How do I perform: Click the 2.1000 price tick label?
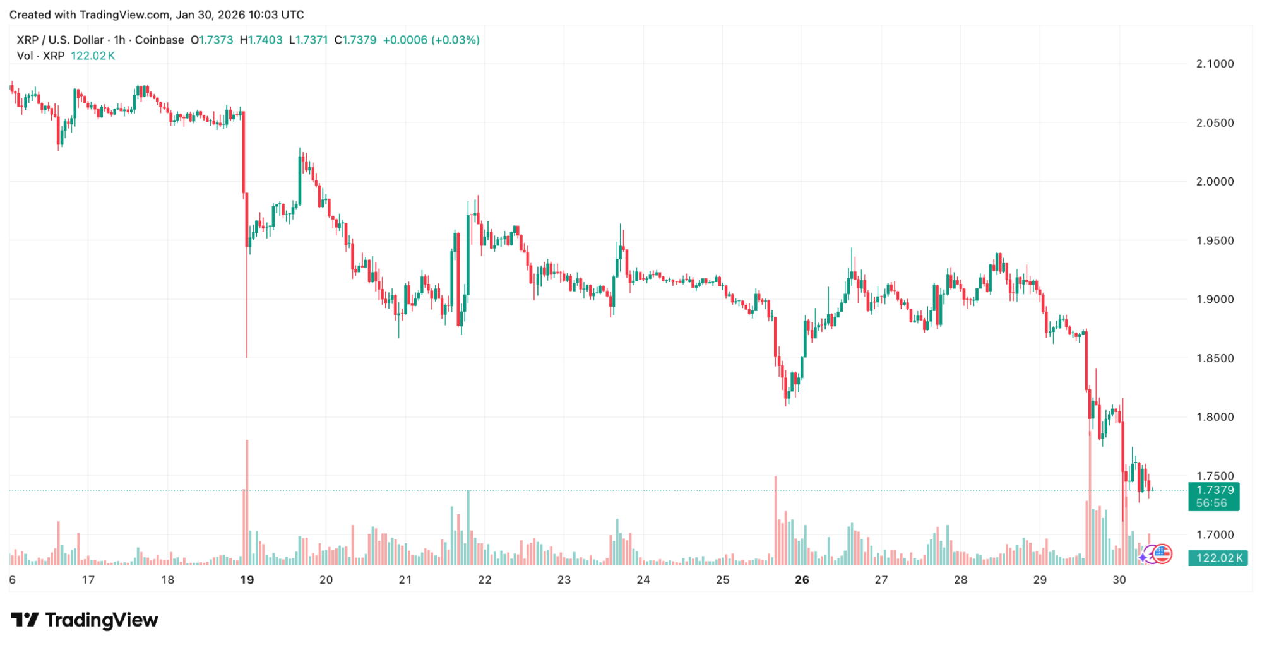pos(1215,64)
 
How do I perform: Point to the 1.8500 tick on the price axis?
pos(1215,358)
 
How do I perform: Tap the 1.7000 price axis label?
pos(1215,535)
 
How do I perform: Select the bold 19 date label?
pos(247,580)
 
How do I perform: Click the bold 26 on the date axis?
pos(802,580)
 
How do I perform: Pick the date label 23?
pos(564,580)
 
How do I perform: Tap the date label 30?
pos(1119,580)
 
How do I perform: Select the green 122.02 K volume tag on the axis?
pos(1218,558)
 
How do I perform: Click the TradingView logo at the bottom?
pos(85,620)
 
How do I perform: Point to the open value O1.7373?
pos(212,40)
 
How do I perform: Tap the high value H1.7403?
pos(261,40)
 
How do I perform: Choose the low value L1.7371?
pos(309,40)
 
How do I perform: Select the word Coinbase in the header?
pos(160,40)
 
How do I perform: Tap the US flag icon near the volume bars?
pos(1162,554)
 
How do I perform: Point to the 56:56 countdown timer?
pos(1211,504)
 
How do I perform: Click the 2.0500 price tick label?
pos(1215,123)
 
